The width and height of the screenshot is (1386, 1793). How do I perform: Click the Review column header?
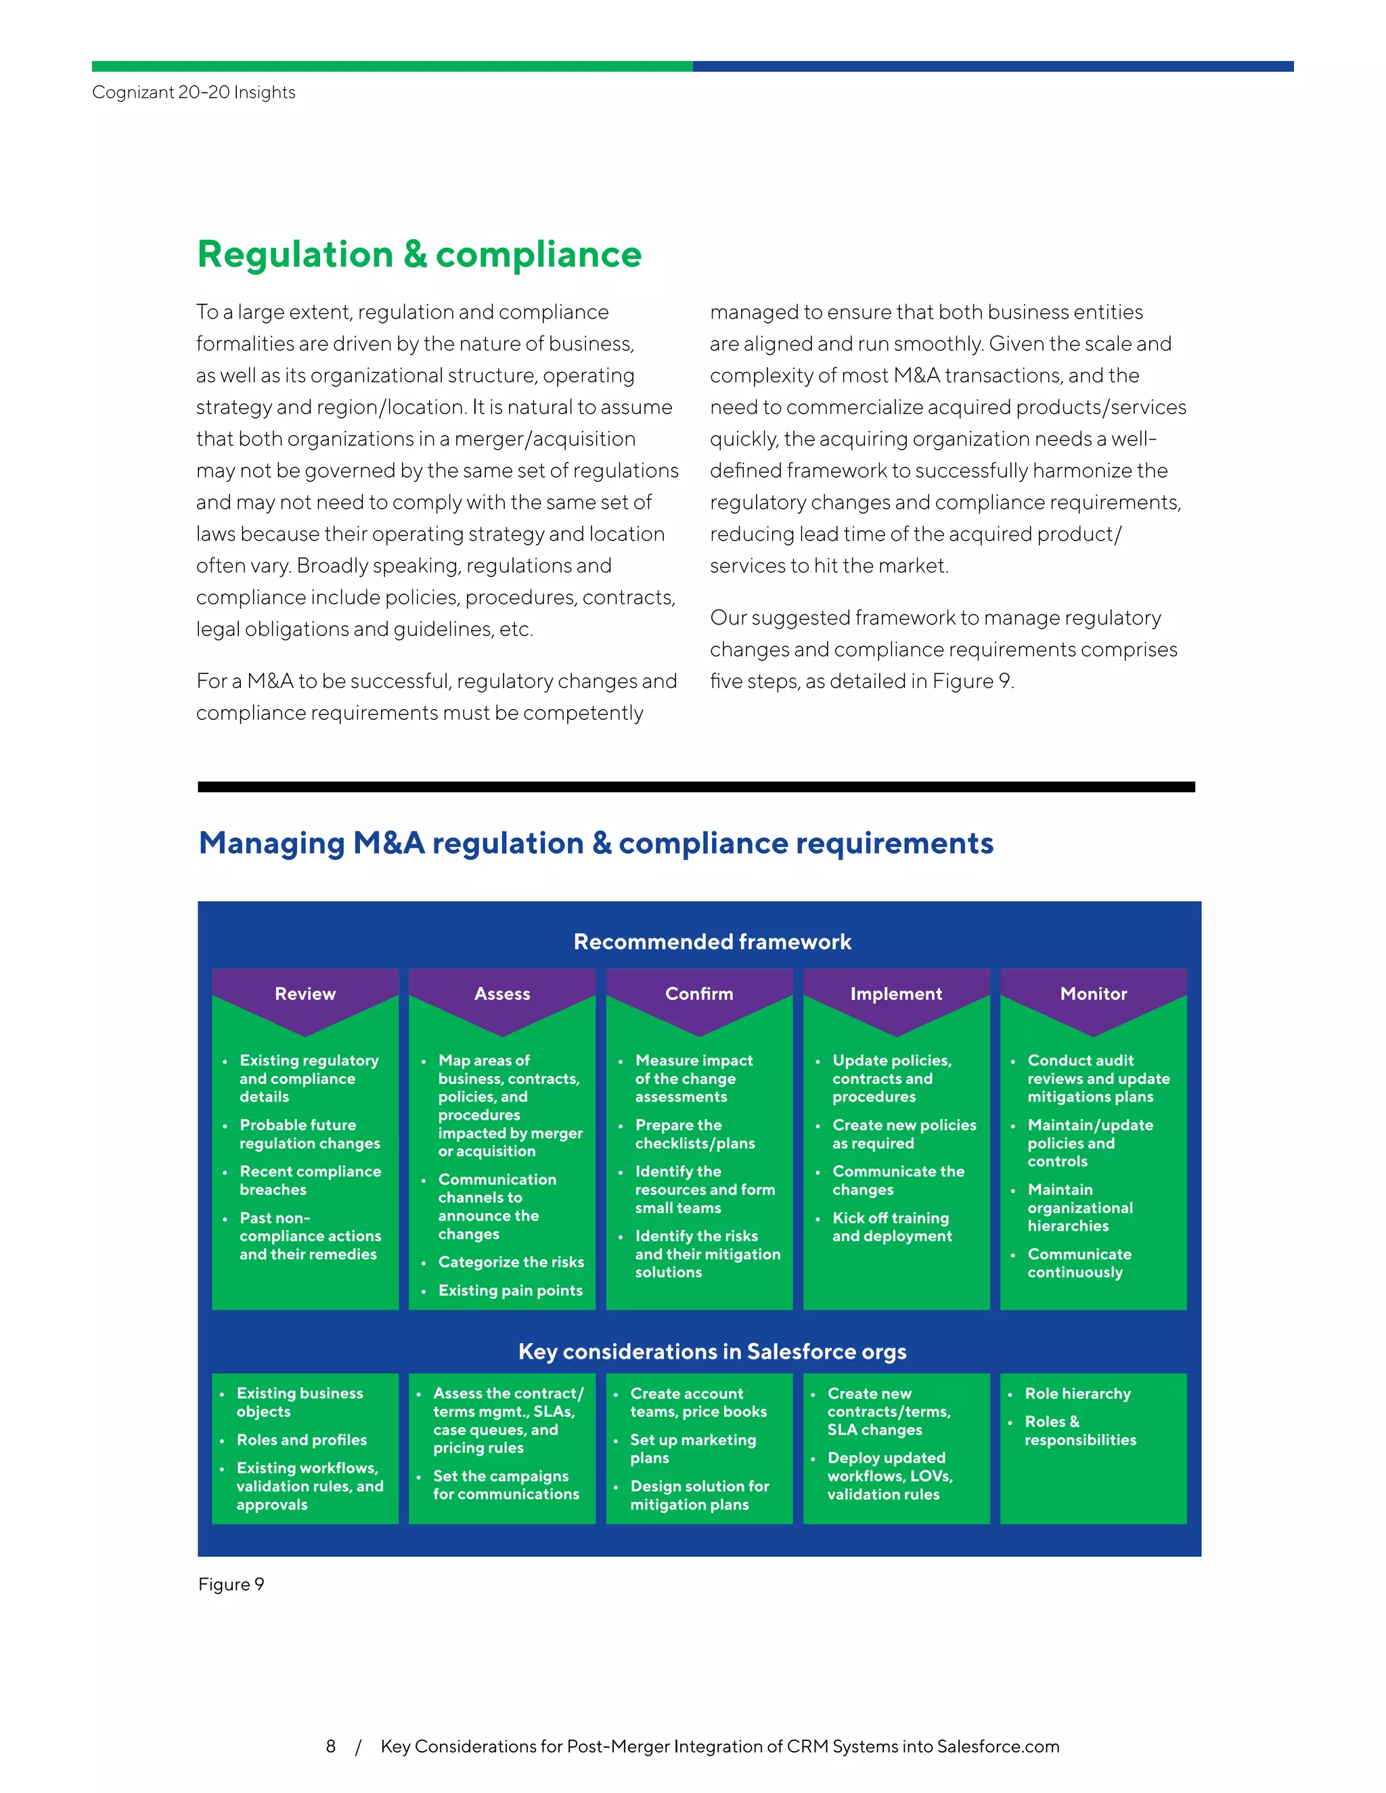click(x=305, y=993)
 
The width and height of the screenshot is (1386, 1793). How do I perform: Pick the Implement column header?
click(x=896, y=993)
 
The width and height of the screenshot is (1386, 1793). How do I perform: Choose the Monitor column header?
click(x=1093, y=993)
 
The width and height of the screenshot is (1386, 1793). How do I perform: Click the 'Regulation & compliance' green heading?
click(x=419, y=254)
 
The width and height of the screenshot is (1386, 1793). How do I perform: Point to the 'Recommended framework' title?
click(x=712, y=942)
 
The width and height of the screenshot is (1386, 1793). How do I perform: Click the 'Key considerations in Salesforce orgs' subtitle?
click(x=712, y=1351)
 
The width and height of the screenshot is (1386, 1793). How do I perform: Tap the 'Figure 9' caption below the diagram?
click(x=231, y=1585)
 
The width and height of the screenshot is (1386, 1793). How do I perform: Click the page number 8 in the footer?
click(x=331, y=1746)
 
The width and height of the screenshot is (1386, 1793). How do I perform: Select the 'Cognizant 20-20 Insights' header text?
click(x=194, y=92)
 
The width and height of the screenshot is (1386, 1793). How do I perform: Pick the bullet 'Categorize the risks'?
click(x=511, y=1262)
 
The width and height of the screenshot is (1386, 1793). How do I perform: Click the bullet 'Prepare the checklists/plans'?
click(x=694, y=1134)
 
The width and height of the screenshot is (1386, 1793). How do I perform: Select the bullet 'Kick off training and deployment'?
click(x=892, y=1227)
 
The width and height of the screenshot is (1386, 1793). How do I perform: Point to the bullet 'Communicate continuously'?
click(x=1079, y=1263)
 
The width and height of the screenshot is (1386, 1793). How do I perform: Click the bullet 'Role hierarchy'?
click(x=1077, y=1393)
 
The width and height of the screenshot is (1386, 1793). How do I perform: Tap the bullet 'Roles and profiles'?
click(x=301, y=1440)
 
